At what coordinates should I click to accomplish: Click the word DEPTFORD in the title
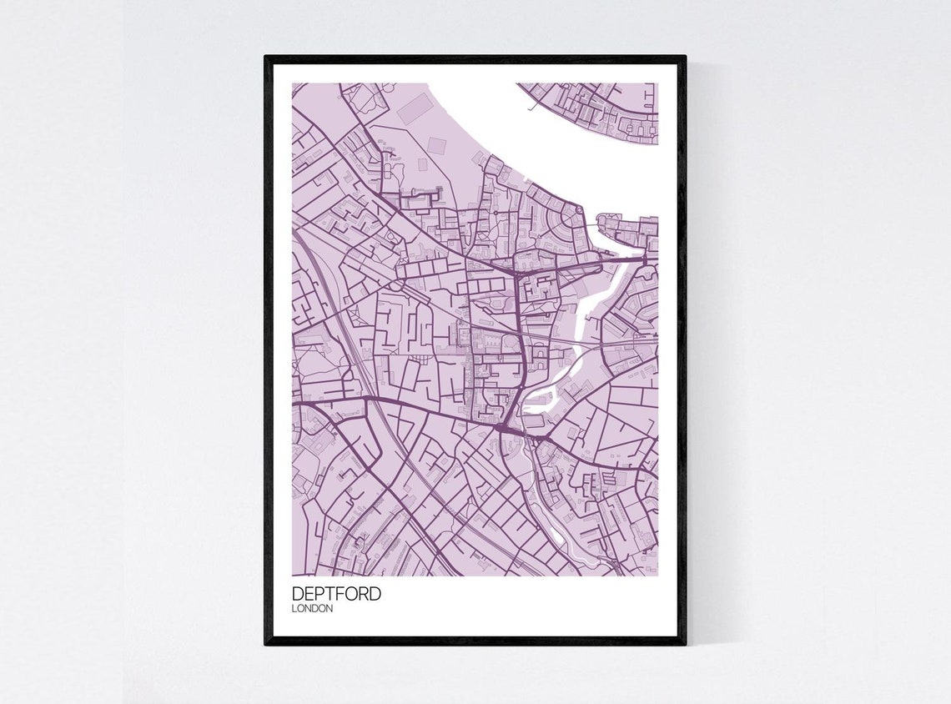336,594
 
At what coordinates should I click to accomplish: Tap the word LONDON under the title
312,609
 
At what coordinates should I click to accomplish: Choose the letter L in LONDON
294,609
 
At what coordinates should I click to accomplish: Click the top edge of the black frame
475,59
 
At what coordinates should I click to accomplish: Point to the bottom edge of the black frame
475,641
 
